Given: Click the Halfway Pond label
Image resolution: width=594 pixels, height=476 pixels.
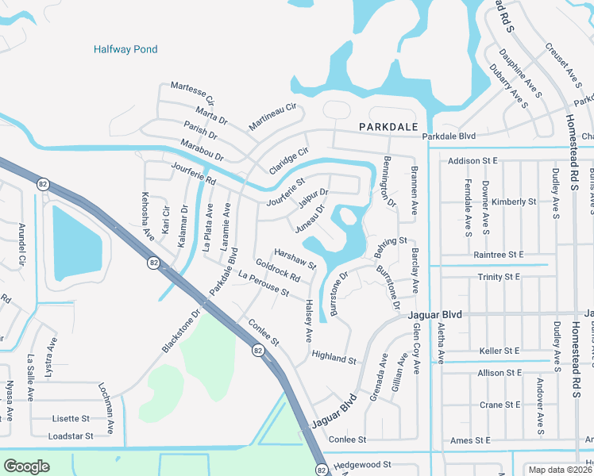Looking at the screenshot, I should point(125,49).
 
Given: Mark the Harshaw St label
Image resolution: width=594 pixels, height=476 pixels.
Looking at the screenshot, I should point(295,255).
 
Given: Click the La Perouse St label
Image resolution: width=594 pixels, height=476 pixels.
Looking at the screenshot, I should point(263,282).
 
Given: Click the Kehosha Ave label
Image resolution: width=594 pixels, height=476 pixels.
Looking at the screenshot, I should point(146,217).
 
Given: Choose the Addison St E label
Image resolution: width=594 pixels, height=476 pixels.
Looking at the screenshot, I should point(472,161).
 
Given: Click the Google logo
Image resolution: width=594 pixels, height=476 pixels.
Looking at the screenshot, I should point(26,466).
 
